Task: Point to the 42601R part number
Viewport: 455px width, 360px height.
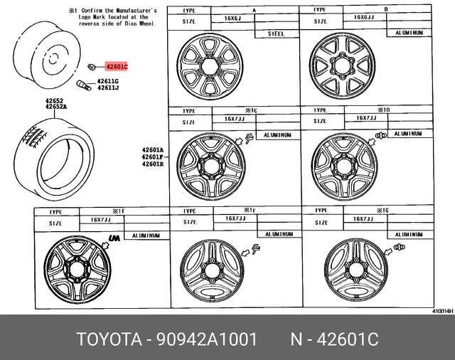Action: click(152, 164)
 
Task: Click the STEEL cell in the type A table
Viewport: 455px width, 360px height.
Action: click(275, 33)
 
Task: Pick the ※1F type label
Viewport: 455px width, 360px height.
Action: click(249, 211)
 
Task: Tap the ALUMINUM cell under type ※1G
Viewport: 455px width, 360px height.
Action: click(409, 233)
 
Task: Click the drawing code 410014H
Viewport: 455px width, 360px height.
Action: click(441, 309)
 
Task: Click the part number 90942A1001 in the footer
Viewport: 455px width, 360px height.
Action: click(213, 338)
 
